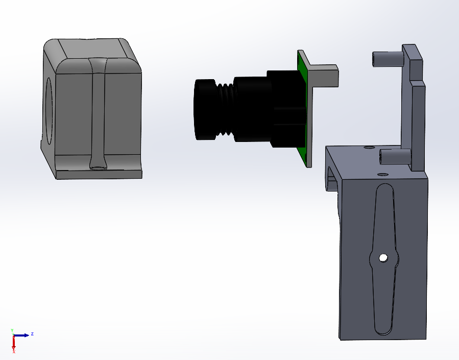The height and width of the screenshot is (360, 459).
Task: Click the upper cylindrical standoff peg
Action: (388, 59)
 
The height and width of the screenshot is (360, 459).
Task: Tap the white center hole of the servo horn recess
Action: (382, 258)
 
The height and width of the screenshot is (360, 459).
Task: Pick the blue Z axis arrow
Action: (23, 335)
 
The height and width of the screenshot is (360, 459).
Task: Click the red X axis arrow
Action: (14, 345)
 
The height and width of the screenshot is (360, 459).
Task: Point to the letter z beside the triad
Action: (32, 333)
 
